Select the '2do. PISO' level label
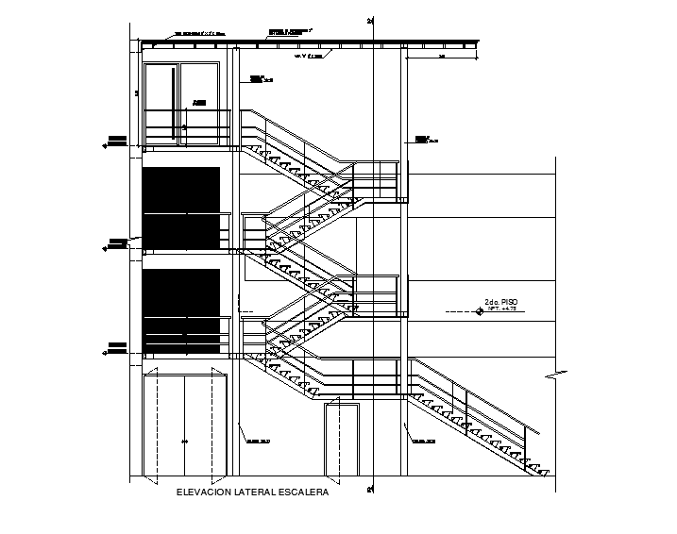[x=501, y=303]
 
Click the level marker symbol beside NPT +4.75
[x=481, y=310]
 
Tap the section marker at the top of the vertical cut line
[x=372, y=20]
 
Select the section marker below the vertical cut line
[x=372, y=488]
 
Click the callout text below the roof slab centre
[x=309, y=57]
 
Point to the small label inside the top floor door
[x=198, y=102]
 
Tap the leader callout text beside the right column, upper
[x=422, y=139]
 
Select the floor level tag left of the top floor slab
[x=117, y=142]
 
